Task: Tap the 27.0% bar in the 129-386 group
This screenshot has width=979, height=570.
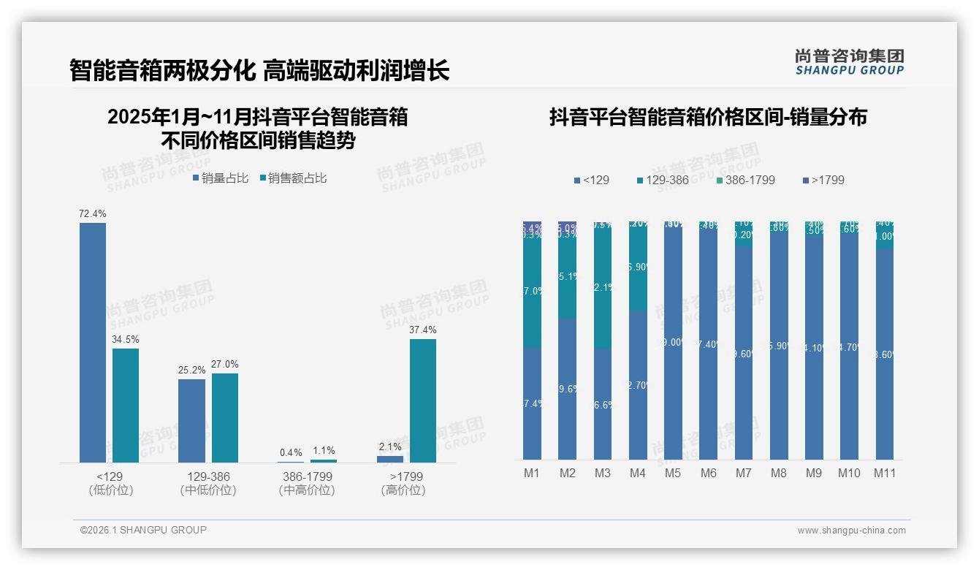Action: tap(225, 417)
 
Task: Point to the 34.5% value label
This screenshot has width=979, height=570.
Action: tap(126, 340)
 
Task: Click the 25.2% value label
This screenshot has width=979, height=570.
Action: tap(191, 370)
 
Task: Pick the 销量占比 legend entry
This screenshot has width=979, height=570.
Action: tap(221, 178)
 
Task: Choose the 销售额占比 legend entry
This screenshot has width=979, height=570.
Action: tap(294, 178)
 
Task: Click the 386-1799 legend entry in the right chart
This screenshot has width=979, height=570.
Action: tap(744, 180)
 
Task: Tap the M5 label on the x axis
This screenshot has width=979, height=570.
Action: tap(673, 473)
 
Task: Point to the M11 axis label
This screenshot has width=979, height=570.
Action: tap(885, 473)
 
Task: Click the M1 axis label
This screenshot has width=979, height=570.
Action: tap(532, 473)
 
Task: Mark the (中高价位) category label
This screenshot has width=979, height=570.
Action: tap(307, 490)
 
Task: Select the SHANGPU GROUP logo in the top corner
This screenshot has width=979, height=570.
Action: tap(849, 62)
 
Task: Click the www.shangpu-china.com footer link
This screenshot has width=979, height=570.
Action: tap(851, 531)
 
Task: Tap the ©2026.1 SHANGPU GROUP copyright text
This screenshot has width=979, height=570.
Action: tap(143, 530)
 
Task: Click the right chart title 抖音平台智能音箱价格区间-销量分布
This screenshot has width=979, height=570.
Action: tap(708, 118)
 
